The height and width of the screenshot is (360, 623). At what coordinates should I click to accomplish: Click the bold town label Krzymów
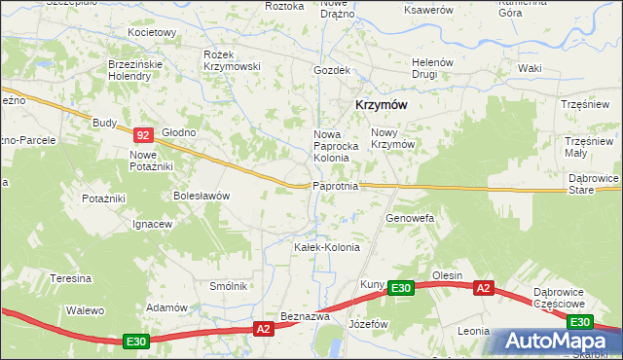point(380,105)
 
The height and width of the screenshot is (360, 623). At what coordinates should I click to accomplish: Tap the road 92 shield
point(143,136)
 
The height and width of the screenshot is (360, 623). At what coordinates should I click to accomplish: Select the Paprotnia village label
point(336,186)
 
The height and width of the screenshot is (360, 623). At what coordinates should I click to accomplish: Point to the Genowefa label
point(409,218)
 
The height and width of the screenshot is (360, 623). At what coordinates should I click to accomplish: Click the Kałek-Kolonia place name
point(327,247)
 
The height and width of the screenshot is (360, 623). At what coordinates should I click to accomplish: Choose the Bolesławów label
point(202,195)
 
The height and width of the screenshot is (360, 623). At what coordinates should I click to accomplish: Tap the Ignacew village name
point(153,224)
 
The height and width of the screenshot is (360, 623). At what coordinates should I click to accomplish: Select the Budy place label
point(104,123)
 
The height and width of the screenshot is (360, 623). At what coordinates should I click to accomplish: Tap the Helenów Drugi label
point(432,67)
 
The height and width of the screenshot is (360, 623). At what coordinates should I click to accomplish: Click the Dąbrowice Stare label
point(590,184)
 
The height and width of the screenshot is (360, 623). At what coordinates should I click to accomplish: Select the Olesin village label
point(447,275)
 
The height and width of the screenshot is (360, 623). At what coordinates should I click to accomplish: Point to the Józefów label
point(369,323)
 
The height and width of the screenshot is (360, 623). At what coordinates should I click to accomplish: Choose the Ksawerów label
point(429,9)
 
